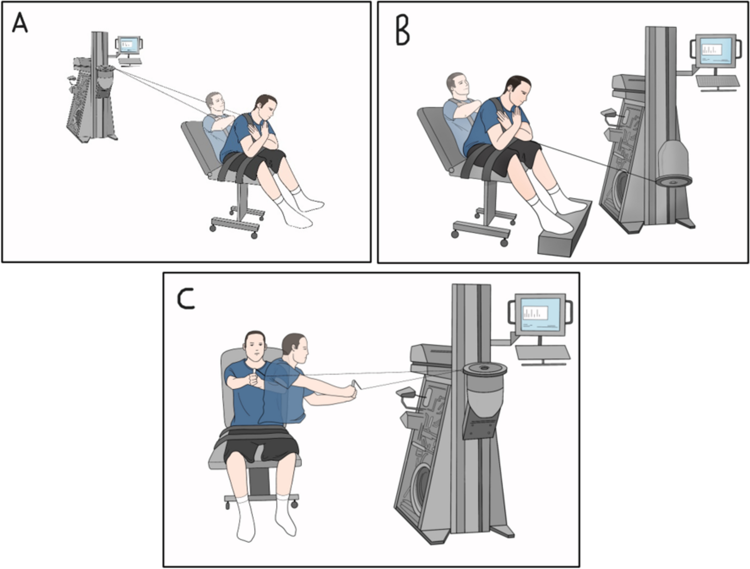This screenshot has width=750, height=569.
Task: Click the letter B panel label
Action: tap(402, 32)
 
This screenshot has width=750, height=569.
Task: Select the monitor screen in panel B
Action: tap(716, 50)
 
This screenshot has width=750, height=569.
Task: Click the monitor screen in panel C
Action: tap(540, 314)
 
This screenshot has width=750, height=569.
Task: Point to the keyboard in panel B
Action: tap(718, 81)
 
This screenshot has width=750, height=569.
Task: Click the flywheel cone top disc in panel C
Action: tap(484, 369)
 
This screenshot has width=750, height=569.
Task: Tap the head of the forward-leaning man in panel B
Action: tap(517, 91)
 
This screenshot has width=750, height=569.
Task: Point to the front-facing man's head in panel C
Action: tap(255, 345)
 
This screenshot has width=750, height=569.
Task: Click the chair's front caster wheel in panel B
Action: tap(504, 243)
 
